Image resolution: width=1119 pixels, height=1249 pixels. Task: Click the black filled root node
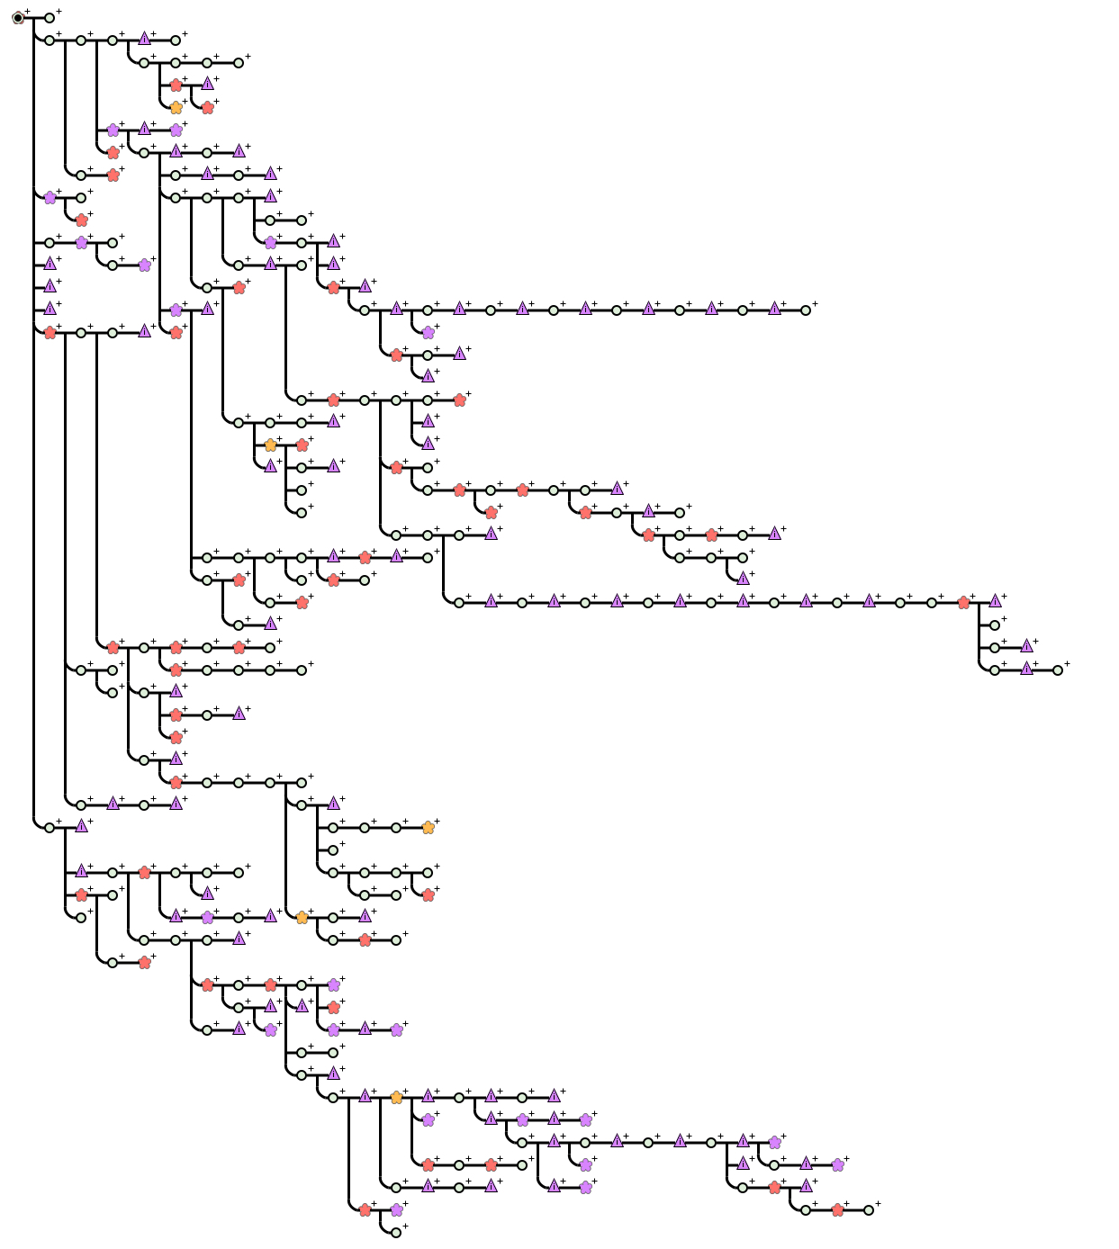pos(18,18)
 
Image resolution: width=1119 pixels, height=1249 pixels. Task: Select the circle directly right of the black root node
pos(50,18)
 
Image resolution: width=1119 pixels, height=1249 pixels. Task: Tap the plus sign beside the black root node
pos(28,12)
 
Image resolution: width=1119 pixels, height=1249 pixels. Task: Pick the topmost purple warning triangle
pos(144,39)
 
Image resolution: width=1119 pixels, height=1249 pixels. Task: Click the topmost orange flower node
pos(176,108)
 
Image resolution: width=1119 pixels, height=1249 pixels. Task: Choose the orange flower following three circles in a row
pos(428,828)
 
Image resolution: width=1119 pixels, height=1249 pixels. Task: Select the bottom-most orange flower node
pos(396,1098)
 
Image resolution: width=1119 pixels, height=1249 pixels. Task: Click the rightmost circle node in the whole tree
pos(1058,670)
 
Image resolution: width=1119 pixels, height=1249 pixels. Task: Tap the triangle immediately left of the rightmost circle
pos(1026,669)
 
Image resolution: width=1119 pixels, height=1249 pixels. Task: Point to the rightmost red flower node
pos(963,603)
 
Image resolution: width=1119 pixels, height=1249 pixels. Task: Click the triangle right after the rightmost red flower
pos(995,601)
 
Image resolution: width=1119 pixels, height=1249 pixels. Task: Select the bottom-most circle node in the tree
pos(396,1233)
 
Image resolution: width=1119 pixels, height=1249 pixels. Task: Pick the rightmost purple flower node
pos(837,1165)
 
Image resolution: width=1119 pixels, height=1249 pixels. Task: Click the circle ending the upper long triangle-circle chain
pos(806,310)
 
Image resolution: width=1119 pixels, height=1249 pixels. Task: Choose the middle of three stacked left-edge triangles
pos(50,286)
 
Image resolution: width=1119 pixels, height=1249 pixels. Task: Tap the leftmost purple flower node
pos(50,198)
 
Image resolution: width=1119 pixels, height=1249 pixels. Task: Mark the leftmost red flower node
pos(50,333)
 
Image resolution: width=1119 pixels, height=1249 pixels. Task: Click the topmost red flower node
pos(176,85)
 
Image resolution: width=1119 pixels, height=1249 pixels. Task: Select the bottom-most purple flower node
pos(396,1210)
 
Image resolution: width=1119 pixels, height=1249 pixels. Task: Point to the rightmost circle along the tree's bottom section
pos(869,1210)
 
